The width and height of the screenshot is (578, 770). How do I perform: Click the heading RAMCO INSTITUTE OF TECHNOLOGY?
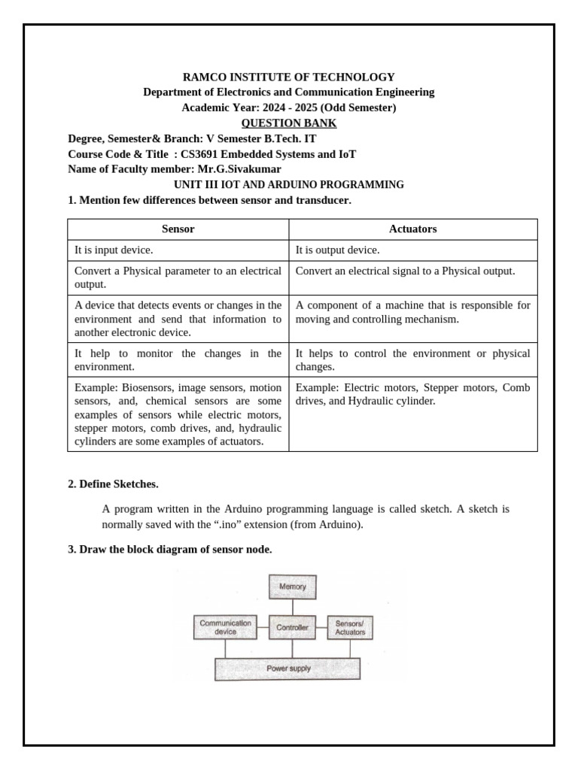coord(289,77)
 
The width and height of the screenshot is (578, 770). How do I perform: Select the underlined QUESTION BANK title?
coord(289,123)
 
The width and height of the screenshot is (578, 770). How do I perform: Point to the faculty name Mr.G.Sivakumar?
coord(239,169)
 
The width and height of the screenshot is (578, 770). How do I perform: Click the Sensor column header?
coord(178,229)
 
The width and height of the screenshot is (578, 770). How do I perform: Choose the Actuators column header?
coord(412,229)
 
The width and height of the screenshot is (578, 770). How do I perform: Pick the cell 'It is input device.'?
coord(114,250)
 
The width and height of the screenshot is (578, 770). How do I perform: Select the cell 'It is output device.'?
coord(337,250)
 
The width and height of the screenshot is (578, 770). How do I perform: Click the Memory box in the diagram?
coord(293,587)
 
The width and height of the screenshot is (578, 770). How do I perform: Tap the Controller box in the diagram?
coord(292,627)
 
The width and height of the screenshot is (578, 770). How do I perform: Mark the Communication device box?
coord(225,627)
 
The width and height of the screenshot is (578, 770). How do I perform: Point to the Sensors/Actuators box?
coord(350,627)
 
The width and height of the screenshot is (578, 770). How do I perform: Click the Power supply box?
coord(287,668)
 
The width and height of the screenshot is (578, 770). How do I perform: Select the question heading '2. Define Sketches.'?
coord(113,484)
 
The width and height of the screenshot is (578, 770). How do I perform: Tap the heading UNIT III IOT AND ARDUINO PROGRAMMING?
coord(289,185)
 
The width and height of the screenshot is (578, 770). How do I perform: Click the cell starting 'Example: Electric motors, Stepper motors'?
coord(412,395)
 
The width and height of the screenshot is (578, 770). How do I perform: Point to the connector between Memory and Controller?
coord(293,606)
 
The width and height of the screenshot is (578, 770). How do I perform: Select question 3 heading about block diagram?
coord(170,550)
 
